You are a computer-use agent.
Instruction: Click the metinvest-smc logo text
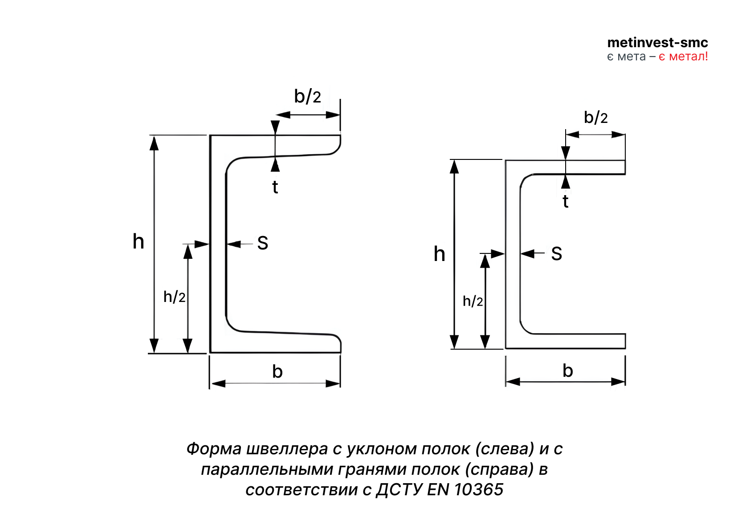(657, 43)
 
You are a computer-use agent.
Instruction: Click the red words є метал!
(683, 57)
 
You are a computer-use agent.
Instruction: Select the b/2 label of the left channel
(307, 96)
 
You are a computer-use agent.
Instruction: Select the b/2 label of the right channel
(595, 118)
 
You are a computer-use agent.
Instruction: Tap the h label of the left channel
(139, 241)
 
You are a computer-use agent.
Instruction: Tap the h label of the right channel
(439, 254)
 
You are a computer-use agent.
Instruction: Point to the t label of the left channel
(275, 188)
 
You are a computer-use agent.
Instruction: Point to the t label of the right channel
(566, 202)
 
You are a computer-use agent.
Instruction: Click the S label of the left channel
(263, 243)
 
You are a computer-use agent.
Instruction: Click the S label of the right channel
(556, 254)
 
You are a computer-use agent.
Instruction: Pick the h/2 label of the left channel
(174, 297)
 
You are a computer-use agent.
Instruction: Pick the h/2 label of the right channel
(473, 302)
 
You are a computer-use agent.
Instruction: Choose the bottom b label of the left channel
(277, 371)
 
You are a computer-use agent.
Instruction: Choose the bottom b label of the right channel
(567, 371)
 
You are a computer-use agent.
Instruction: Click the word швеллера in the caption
(287, 449)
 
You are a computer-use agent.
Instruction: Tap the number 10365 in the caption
(479, 490)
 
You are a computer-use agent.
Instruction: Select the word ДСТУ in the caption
(399, 490)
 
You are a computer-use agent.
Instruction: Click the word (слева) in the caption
(505, 449)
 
